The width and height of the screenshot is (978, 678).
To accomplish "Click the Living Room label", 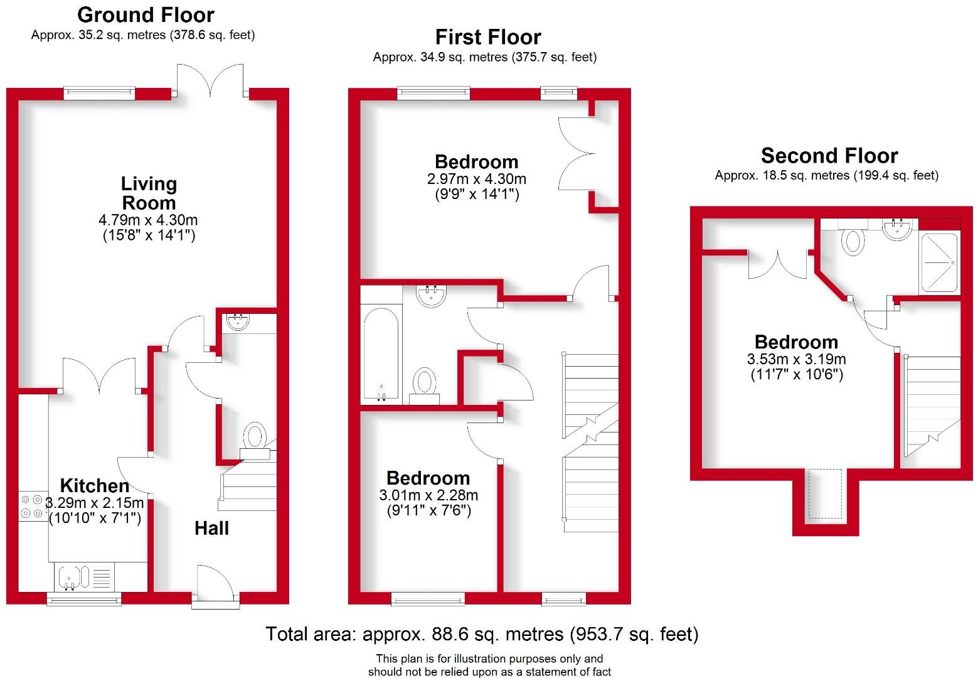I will [149, 193].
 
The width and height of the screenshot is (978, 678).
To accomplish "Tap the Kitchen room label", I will [95, 485].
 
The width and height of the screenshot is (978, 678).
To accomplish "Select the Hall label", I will [211, 528].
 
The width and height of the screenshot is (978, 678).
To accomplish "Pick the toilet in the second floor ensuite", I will [853, 240].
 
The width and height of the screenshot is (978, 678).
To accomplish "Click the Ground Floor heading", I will [146, 14].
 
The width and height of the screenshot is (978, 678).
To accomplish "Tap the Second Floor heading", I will [829, 155].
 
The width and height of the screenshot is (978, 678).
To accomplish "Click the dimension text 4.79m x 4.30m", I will [148, 220].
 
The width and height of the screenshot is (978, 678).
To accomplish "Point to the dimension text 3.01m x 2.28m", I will [428, 495].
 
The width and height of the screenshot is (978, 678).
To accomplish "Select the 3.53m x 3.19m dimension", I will [796, 360].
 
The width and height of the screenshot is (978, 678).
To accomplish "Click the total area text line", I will [482, 634].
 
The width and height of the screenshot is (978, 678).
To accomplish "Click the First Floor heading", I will [488, 37].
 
